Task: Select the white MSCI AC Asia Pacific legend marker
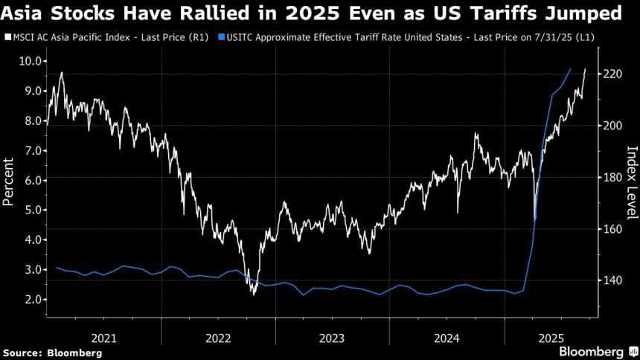7,36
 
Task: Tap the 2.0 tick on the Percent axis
27,299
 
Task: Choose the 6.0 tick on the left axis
27,180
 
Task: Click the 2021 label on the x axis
103,338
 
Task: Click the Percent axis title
10,181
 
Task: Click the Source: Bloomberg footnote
52,353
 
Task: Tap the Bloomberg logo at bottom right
591,351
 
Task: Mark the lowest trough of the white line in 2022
254,295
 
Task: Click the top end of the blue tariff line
570,69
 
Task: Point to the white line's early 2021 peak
61,72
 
